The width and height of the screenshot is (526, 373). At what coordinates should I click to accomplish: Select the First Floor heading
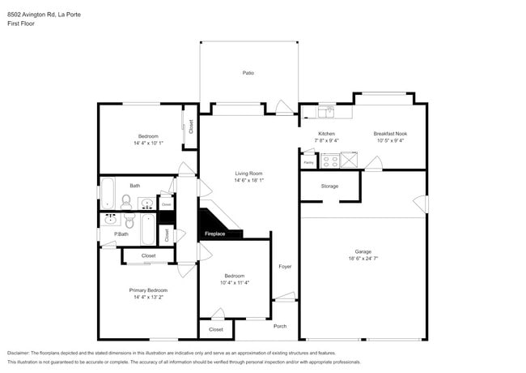point(20,24)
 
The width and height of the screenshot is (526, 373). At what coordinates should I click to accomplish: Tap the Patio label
point(248,73)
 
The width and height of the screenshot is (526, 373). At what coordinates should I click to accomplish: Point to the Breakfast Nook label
point(389,133)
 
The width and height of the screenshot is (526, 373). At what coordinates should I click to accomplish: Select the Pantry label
point(308,162)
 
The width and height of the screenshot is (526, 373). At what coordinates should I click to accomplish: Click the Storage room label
point(329,186)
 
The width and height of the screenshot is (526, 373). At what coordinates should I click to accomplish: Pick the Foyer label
point(285,266)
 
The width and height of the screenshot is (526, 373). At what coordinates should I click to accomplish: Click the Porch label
point(280,326)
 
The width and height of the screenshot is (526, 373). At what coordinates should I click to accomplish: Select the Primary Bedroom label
point(148,289)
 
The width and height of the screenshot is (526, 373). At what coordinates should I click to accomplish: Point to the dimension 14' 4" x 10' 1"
point(148,143)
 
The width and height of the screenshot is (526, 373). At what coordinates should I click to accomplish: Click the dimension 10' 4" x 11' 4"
point(234,283)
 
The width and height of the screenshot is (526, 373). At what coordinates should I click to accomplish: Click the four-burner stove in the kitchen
point(330,160)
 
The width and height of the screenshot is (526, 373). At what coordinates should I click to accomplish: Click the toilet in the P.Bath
point(128,220)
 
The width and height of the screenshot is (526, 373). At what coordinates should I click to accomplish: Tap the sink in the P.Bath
point(109,219)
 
